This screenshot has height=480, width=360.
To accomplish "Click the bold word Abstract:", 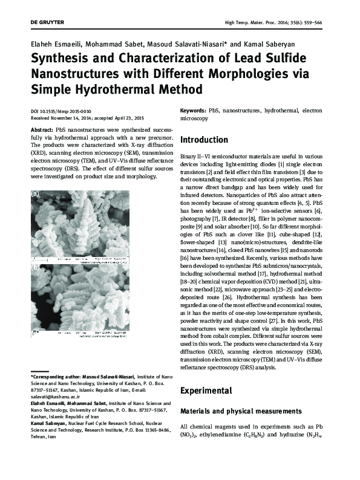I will click(x=41, y=130).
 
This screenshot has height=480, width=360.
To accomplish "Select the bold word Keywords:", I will click(x=193, y=112).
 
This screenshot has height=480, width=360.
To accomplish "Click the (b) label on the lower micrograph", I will click(x=34, y=267).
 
